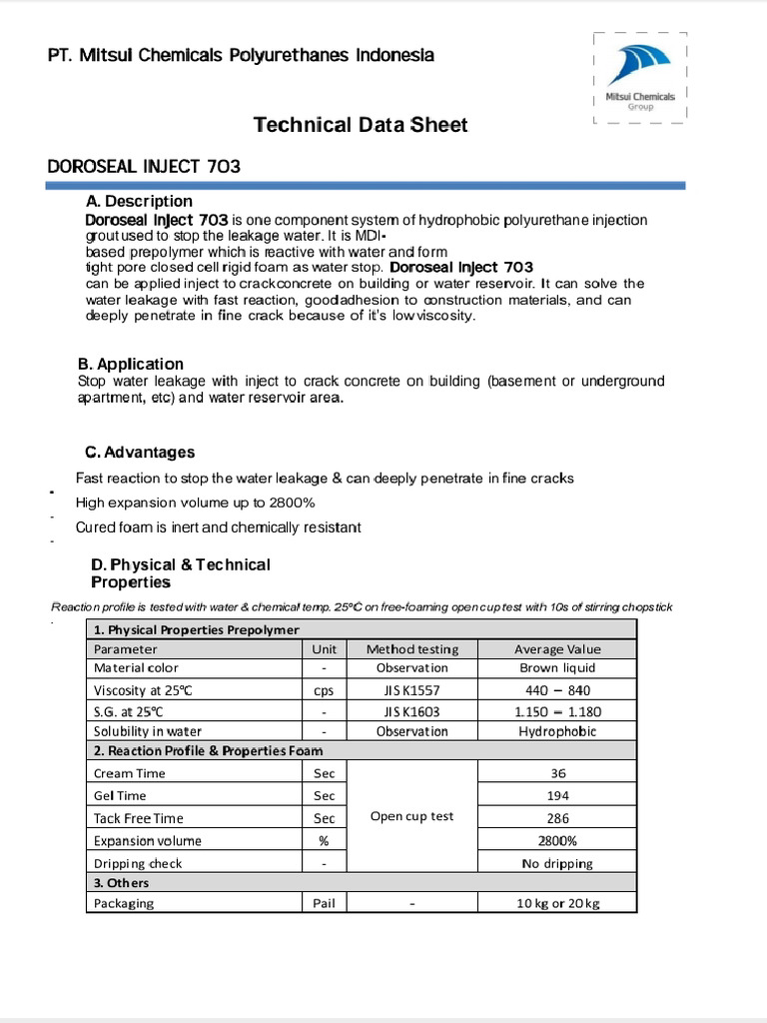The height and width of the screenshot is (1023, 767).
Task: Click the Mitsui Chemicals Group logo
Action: [640, 77]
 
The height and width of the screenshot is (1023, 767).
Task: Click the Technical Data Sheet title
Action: [360, 125]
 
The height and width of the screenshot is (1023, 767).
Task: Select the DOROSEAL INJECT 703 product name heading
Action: [144, 167]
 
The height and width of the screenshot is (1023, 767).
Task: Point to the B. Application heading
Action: [131, 364]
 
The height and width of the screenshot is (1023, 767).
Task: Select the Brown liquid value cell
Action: [557, 667]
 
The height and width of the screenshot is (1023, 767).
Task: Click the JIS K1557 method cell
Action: [411, 690]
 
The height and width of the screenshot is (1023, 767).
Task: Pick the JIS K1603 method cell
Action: [411, 712]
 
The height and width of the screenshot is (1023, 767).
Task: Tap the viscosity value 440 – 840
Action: [557, 690]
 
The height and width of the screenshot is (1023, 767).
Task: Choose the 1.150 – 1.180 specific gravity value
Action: [557, 712]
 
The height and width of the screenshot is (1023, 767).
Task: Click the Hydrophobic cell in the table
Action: [557, 731]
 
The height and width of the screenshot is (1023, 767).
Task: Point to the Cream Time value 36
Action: [558, 773]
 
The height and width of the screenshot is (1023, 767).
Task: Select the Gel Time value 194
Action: [558, 795]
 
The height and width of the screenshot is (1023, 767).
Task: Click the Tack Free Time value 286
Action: [558, 817]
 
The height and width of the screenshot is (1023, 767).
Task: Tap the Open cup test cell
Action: [411, 816]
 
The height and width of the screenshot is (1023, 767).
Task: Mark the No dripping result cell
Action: [557, 863]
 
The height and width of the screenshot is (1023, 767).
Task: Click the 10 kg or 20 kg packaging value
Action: [557, 903]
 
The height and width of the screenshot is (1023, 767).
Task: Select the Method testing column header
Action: [411, 648]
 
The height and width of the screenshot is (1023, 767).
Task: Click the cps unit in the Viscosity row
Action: [325, 690]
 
